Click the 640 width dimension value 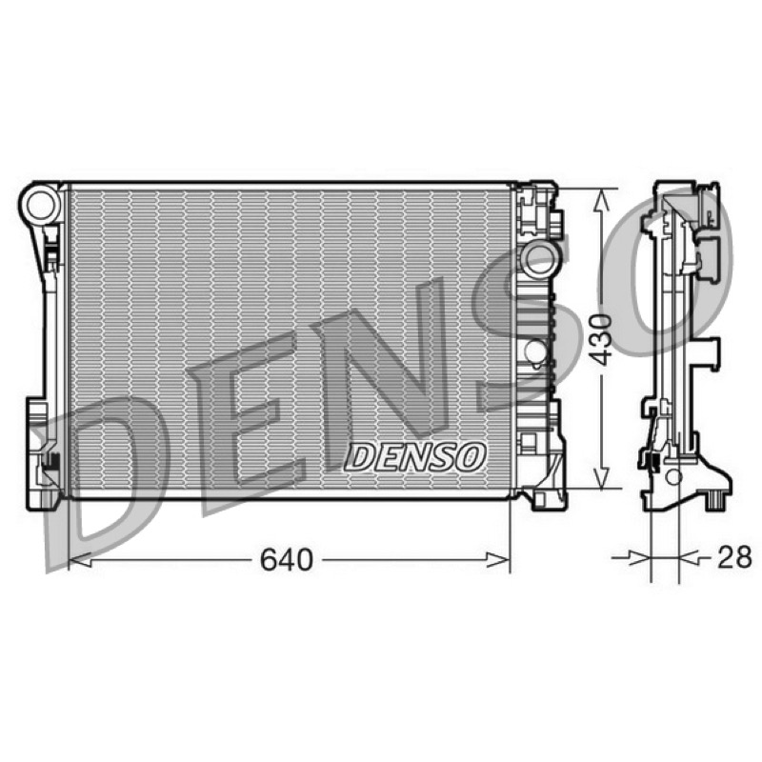(x=287, y=560)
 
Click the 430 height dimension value (x=601, y=339)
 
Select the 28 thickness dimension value (x=734, y=557)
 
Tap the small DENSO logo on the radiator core (x=415, y=457)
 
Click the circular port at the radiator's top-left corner (x=42, y=205)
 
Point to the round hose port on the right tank (x=538, y=258)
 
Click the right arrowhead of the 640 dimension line (x=498, y=560)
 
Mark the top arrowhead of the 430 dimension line (x=602, y=200)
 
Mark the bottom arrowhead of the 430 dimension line (x=602, y=478)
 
